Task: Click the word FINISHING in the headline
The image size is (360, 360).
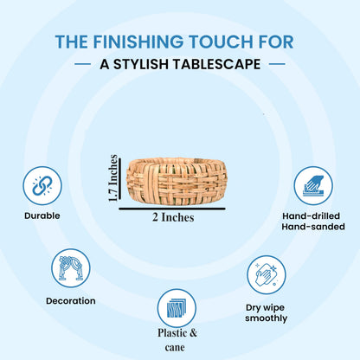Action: point(138,42)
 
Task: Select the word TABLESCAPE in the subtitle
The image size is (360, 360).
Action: point(216,64)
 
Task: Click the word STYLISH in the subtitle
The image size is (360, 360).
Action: point(141,64)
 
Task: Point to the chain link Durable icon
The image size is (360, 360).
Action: point(42,186)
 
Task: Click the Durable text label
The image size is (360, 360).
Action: point(42,215)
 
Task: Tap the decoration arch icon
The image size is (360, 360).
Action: point(71,268)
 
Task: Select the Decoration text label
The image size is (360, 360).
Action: point(71,301)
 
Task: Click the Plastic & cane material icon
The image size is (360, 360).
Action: point(177,308)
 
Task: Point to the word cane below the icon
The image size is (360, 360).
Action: point(175,347)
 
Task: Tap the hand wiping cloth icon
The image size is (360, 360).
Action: point(267,274)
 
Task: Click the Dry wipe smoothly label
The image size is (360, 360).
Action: point(267,313)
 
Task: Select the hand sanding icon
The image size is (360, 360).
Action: point(313,186)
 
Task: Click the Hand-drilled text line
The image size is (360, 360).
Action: point(312,216)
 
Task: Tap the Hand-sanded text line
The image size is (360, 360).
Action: point(313,227)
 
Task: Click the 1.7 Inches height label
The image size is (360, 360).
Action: point(112,178)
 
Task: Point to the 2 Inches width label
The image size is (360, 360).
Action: point(173,217)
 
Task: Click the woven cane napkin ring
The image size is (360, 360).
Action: point(177,181)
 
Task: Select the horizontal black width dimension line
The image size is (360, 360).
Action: point(172,209)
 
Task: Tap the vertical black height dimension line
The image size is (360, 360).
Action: point(119,178)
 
